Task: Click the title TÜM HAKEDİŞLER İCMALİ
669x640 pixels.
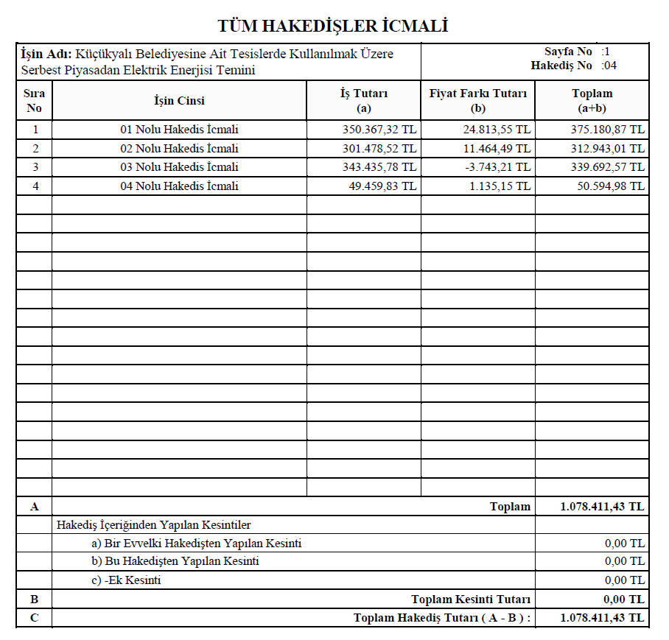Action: (333, 27)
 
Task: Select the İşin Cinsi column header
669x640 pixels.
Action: (179, 101)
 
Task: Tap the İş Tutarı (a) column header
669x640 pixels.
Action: (363, 100)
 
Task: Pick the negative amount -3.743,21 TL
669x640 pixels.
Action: (497, 167)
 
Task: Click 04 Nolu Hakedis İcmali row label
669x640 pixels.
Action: (179, 186)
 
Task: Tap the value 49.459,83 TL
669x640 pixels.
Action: (382, 186)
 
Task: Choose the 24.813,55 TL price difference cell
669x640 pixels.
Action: (494, 130)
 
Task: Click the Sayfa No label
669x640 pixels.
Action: (568, 52)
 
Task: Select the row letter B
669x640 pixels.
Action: (34, 599)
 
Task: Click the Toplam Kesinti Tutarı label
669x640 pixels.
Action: (471, 599)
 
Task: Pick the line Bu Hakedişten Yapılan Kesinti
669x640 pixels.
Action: (174, 561)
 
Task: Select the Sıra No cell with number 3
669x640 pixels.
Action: (35, 167)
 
